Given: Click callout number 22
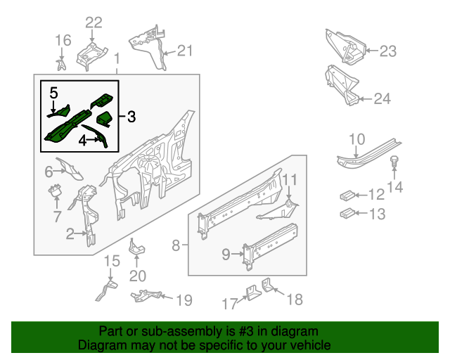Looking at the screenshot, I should coord(94,22).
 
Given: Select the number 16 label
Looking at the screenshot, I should coord(63,39).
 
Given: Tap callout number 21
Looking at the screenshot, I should coord(184,50).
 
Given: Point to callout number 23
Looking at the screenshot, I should coord(388,51).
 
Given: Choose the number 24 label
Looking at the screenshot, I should coord(381,98).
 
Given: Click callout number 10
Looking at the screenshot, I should coord(356,139).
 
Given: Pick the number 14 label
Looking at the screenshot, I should coord(396,186).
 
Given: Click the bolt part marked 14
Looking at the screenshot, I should coord(395,162).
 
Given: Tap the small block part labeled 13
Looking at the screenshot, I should coord(346,213).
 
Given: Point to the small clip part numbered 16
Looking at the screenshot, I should coord(62,65).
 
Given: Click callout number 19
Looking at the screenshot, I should coord(183,301).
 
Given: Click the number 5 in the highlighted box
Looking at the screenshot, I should coord(54,91).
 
